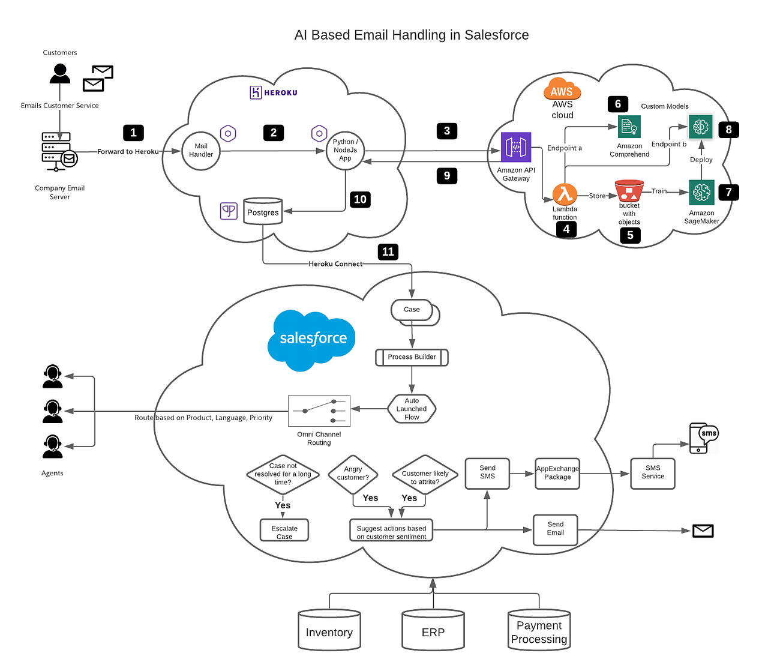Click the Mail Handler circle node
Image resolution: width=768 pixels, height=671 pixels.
click(201, 151)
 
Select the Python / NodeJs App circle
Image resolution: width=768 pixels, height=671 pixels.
click(345, 151)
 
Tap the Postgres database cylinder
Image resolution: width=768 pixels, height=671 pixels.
click(263, 211)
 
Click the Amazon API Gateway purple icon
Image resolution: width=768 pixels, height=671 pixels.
click(516, 148)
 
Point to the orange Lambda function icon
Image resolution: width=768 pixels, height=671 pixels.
click(565, 194)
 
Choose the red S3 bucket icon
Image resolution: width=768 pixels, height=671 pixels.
click(629, 191)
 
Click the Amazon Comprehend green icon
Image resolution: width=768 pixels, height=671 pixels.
click(629, 127)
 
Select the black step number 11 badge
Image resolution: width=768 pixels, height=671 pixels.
click(388, 251)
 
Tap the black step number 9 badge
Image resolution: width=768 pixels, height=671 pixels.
click(447, 175)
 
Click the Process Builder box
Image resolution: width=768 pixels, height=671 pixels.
click(412, 357)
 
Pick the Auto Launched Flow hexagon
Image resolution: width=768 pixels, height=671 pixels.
click(412, 409)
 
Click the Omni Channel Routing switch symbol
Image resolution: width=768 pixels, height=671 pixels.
click(319, 411)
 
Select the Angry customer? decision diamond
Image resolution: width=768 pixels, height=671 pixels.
click(353, 474)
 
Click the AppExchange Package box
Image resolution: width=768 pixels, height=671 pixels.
click(557, 474)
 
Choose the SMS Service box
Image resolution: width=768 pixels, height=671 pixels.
click(653, 473)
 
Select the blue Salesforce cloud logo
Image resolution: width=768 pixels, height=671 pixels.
click(312, 339)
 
